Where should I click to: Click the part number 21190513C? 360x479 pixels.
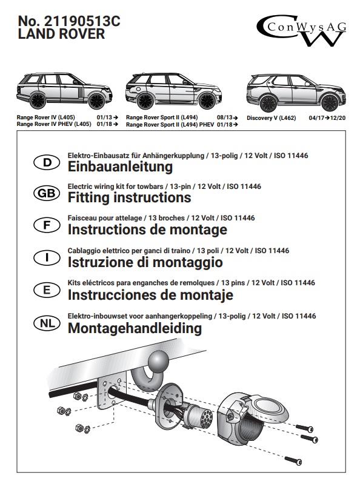[82, 21]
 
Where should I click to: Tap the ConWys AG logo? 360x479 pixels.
[301, 30]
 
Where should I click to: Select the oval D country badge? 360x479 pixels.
[47, 162]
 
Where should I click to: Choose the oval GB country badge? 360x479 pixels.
[47, 193]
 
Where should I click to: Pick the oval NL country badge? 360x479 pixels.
[47, 323]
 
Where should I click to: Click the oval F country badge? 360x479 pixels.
[47, 225]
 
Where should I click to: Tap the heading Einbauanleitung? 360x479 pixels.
[120, 167]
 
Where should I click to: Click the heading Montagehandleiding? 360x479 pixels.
[135, 328]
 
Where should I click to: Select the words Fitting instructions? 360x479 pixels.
[129, 197]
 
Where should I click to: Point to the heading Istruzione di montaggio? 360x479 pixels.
[145, 262]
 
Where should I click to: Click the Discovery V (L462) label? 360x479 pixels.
[272, 118]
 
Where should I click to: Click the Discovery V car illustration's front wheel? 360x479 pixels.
[330, 103]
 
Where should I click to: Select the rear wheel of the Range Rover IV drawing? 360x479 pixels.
[38, 100]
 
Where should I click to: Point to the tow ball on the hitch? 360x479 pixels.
[158, 361]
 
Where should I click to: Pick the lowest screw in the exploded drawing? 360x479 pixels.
[293, 460]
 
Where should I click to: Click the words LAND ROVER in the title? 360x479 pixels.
[61, 34]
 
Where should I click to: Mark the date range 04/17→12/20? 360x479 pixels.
[327, 118]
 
